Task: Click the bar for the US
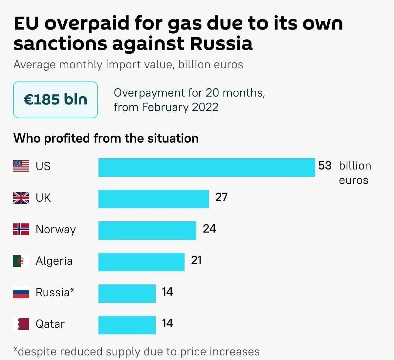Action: click(x=207, y=168)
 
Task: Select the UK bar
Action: click(x=153, y=199)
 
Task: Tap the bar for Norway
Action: click(x=147, y=231)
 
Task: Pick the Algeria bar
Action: click(x=141, y=262)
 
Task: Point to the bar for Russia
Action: click(x=127, y=294)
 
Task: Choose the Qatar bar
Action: click(x=127, y=325)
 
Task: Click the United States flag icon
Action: click(x=21, y=166)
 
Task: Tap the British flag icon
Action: click(x=21, y=198)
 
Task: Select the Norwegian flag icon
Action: click(x=21, y=229)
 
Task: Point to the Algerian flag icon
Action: click(x=21, y=261)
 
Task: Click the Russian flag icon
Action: click(x=21, y=292)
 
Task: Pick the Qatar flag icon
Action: click(x=21, y=324)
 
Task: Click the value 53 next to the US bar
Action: click(x=325, y=166)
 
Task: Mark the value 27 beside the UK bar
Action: click(x=221, y=197)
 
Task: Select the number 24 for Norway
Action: click(x=209, y=229)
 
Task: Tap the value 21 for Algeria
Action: click(x=196, y=260)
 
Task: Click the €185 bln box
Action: click(x=55, y=100)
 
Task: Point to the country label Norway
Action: click(x=55, y=229)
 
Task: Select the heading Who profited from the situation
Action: click(x=106, y=138)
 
